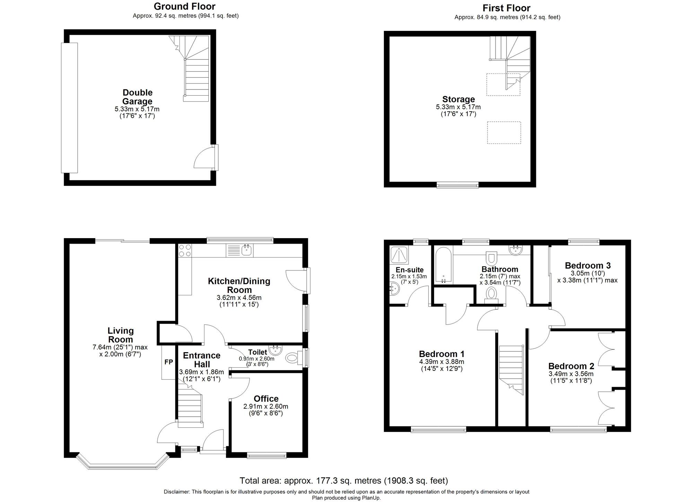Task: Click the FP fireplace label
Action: [168, 362]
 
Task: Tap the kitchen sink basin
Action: [247, 250]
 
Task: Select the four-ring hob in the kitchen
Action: [185, 250]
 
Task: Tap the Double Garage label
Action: [138, 97]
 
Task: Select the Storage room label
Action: [458, 99]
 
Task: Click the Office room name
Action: [266, 399]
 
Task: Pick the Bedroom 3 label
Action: [588, 266]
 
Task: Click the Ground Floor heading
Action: [185, 6]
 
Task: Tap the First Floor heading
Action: [507, 8]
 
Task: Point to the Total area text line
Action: [344, 481]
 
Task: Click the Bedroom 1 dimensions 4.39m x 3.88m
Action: [441, 362]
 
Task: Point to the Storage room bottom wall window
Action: [457, 185]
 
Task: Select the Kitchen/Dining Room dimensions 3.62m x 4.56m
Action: [239, 298]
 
